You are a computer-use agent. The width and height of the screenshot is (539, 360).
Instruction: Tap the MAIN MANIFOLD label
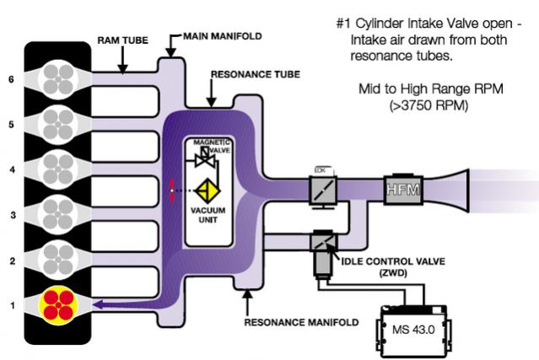click(x=222, y=37)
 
